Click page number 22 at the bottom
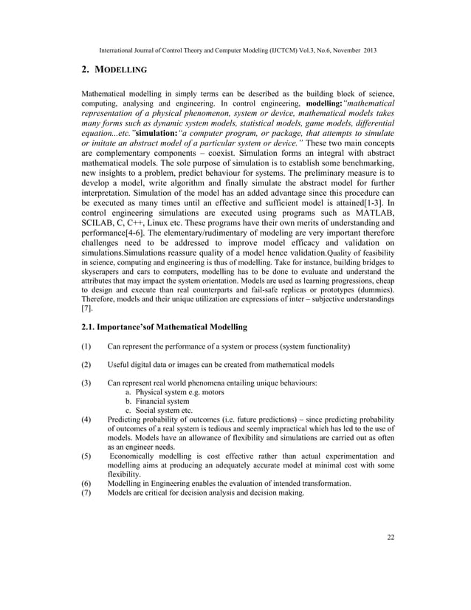click(391, 537)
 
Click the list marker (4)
click(87, 418)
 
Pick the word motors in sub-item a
click(207, 392)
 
